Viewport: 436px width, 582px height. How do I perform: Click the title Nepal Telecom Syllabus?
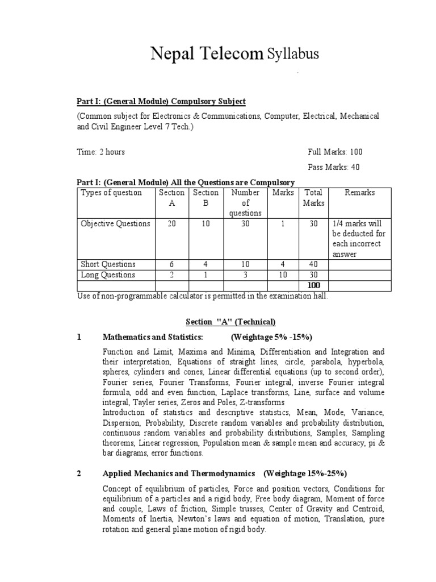click(234, 54)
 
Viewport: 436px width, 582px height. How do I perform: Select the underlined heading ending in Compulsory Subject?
click(161, 101)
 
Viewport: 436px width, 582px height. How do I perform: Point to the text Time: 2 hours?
click(101, 152)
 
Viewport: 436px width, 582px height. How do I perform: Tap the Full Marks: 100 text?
click(335, 152)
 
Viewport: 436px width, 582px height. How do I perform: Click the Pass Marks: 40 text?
click(333, 167)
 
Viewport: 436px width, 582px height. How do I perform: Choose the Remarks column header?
click(359, 193)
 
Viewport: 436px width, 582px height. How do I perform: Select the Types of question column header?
click(111, 193)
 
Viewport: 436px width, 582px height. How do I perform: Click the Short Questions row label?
click(108, 264)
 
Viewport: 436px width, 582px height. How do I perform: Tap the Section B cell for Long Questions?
click(206, 275)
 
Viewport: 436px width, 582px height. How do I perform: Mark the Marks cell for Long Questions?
click(283, 275)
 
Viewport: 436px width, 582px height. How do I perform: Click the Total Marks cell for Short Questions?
click(313, 264)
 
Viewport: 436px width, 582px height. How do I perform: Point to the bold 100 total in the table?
click(313, 285)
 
